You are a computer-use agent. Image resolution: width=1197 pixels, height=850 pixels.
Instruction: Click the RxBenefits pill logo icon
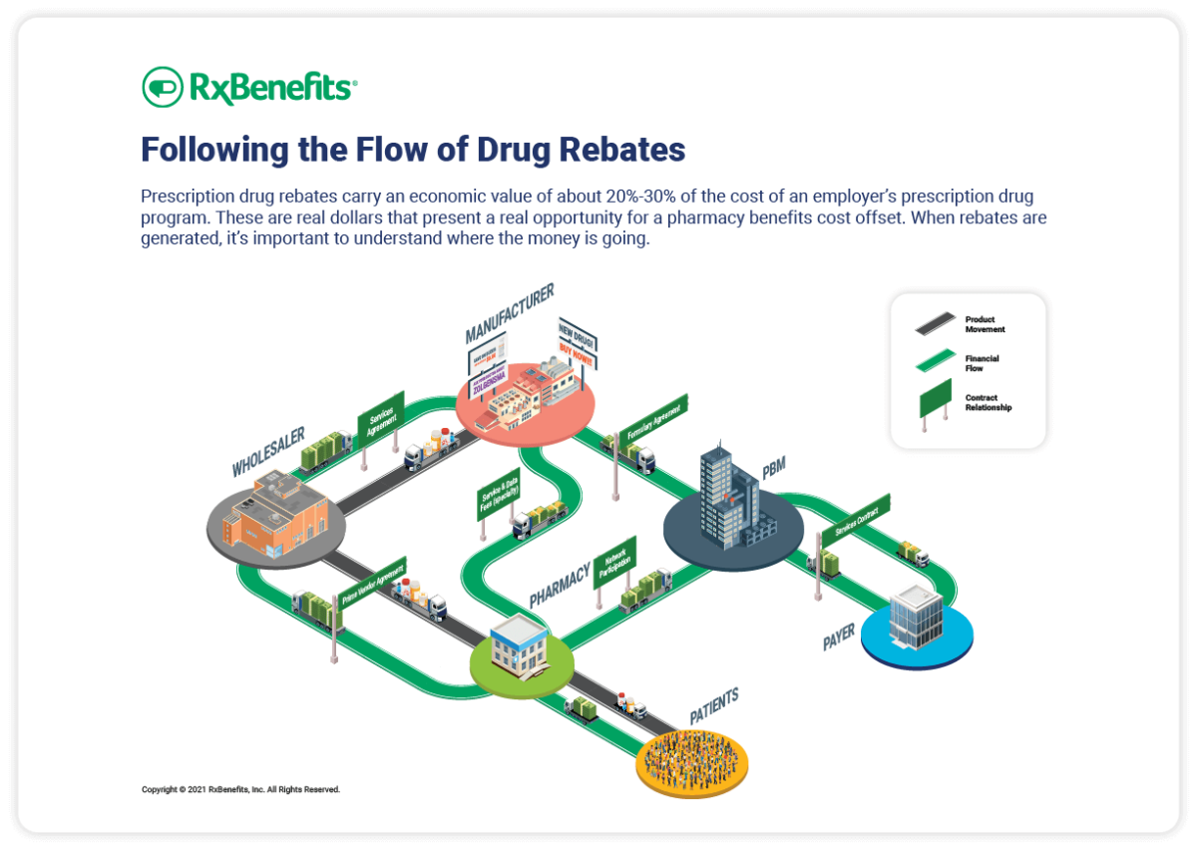click(x=163, y=87)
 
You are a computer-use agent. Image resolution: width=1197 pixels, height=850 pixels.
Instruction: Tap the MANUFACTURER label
click(x=509, y=311)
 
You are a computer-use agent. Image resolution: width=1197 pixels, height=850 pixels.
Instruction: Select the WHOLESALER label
click(x=268, y=453)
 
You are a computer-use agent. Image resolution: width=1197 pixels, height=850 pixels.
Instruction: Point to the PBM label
click(x=774, y=468)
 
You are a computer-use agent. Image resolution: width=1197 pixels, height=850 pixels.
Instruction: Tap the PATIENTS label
click(x=714, y=706)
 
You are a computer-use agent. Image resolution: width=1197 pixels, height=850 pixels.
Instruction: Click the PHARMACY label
click(x=560, y=584)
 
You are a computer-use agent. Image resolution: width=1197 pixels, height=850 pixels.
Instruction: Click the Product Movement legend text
click(x=985, y=324)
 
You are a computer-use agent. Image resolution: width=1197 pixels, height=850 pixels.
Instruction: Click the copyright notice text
click(x=240, y=789)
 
